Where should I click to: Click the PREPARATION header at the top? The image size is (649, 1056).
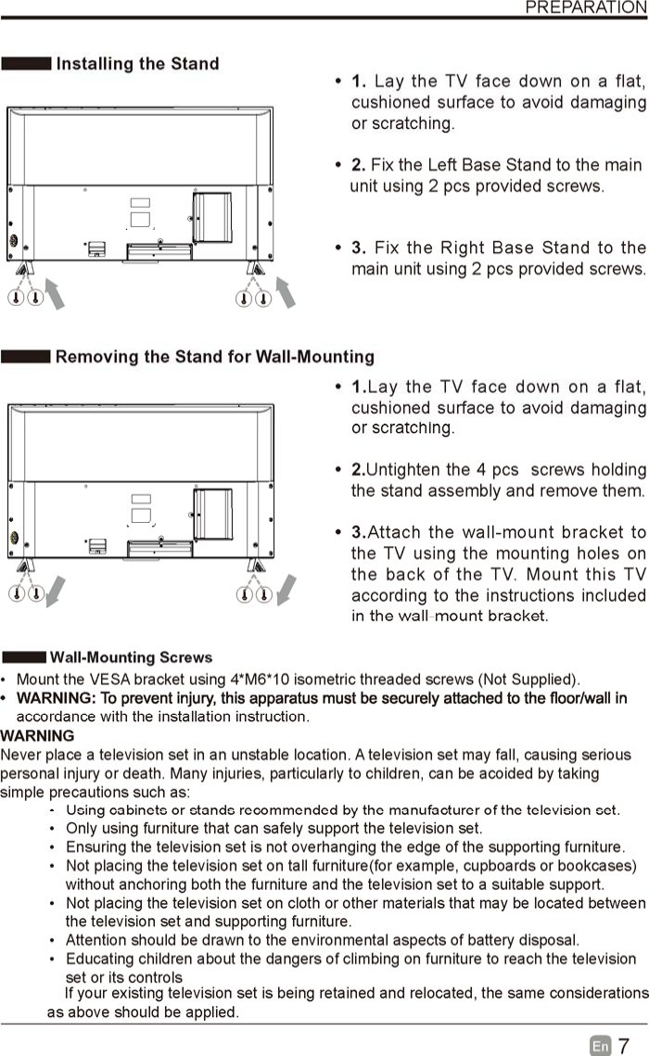click(x=585, y=7)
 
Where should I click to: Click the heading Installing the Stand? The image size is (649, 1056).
click(x=137, y=64)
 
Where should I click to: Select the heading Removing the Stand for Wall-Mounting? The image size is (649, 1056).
click(x=214, y=357)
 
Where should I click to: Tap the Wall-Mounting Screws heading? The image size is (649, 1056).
click(x=131, y=657)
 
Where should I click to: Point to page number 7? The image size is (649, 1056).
click(x=624, y=1046)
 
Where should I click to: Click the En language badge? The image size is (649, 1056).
click(x=600, y=1046)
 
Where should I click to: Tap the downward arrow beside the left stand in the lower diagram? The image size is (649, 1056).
click(x=56, y=589)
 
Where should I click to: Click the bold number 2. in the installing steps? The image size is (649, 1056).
click(x=358, y=165)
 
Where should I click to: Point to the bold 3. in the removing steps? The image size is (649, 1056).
click(x=360, y=533)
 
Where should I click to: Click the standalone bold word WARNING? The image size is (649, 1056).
click(x=38, y=735)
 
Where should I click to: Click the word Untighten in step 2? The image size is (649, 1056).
click(x=402, y=470)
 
